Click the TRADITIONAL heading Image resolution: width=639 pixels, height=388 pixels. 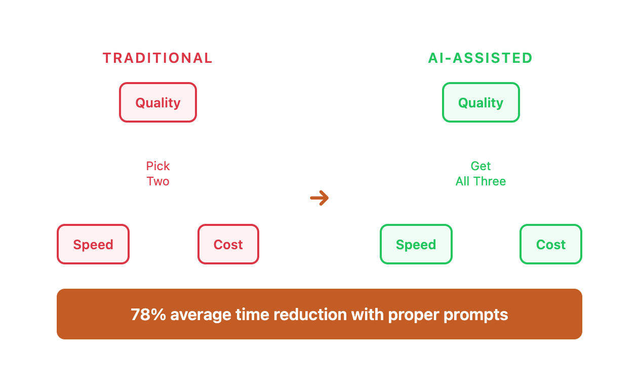158,58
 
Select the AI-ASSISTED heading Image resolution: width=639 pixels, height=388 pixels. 481,58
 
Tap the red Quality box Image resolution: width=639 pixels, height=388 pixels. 158,102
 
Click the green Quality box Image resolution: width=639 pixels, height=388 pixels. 481,102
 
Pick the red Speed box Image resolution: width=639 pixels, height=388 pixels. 93,244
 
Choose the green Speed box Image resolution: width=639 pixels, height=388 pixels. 416,244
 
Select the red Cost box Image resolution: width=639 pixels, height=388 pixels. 228,244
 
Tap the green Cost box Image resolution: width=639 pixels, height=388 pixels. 551,244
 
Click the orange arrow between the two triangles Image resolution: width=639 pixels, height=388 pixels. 319,198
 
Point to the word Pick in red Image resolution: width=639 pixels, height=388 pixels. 158,166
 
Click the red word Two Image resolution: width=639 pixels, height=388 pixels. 158,181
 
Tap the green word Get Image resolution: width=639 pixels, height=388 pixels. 481,166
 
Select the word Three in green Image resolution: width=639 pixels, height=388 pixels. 490,181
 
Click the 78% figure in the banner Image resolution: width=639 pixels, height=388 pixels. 148,315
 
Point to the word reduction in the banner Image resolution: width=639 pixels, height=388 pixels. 310,315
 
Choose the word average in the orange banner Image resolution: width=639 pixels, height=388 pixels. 201,315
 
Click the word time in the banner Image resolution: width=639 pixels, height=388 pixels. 252,315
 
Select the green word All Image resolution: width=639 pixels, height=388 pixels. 462,181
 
